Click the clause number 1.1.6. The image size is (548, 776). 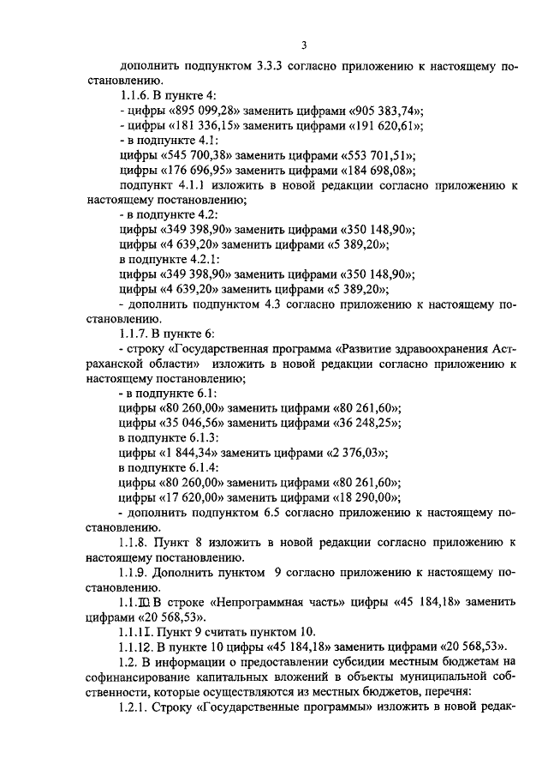[137, 95]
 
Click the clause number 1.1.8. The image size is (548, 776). [137, 542]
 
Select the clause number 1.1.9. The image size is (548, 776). [137, 571]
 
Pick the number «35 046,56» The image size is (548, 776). [194, 422]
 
